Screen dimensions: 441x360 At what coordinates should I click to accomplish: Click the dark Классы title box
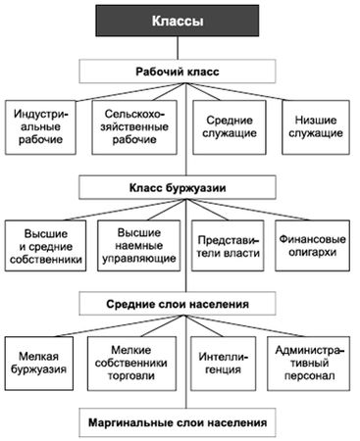pos(180,21)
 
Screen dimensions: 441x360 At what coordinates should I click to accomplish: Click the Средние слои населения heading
pos(179,303)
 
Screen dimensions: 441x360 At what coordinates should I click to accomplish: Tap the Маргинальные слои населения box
pos(179,423)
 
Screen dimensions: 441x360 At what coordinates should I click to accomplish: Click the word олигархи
pos(316,252)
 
